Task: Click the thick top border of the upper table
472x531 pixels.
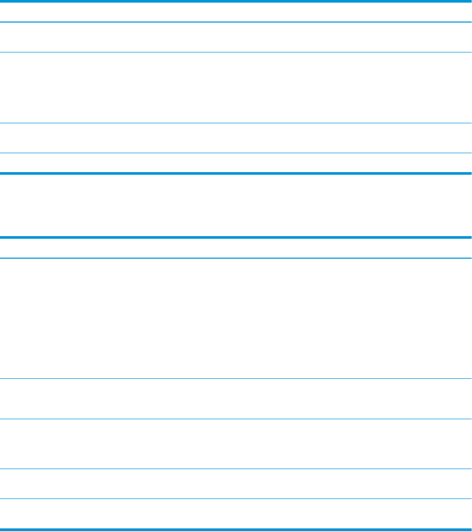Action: (236, 1)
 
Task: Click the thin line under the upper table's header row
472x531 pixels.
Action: (236, 22)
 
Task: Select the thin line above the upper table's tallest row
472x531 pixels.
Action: (236, 52)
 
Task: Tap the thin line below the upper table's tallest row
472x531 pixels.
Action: (236, 123)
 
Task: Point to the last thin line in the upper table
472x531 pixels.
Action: (236, 153)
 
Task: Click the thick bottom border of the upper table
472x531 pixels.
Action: (236, 173)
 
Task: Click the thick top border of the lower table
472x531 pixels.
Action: (236, 238)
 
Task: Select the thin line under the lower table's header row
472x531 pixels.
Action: (236, 258)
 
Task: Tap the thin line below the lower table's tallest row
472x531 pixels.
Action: (236, 379)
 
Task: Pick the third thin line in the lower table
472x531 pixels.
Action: (236, 419)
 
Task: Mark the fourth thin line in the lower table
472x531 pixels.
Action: (236, 469)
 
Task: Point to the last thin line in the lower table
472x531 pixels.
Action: (236, 498)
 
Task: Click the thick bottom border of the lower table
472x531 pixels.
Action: (236, 529)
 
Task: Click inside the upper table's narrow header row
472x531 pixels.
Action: (236, 12)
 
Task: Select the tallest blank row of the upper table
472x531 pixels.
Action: (236, 88)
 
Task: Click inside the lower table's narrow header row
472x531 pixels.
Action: (236, 248)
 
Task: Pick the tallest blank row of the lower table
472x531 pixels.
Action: (236, 318)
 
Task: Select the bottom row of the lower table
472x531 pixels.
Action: (236, 513)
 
